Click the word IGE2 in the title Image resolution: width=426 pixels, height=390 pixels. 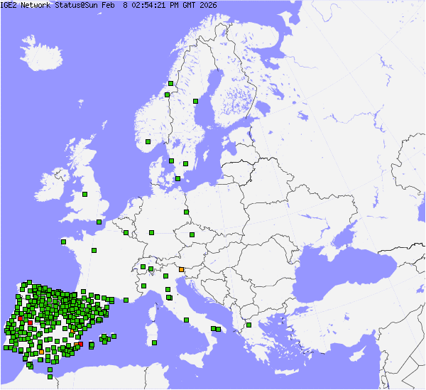[9, 5]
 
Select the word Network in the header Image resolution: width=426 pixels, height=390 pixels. [35, 5]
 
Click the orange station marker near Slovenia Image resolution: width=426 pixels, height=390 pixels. [182, 269]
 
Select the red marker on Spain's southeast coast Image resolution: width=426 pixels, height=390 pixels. [80, 345]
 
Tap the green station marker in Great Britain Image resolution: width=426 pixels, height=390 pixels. [84, 194]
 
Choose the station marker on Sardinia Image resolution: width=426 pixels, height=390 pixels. [154, 343]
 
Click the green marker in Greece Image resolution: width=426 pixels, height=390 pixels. [248, 325]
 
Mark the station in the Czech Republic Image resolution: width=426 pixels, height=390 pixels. [192, 234]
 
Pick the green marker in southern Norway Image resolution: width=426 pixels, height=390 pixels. [148, 142]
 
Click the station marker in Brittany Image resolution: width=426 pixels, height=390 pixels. [63, 242]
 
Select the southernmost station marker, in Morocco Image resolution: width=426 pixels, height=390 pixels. [50, 377]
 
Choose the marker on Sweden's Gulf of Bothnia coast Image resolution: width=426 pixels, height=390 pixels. [195, 101]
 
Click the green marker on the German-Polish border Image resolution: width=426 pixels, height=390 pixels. [186, 212]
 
